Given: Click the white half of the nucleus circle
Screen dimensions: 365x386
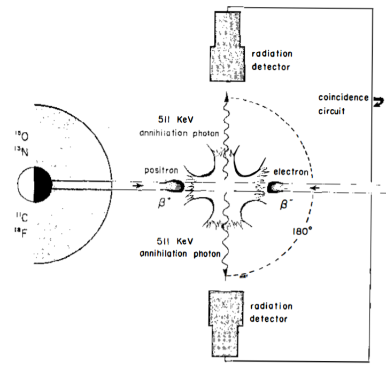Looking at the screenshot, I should (x=25, y=185).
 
